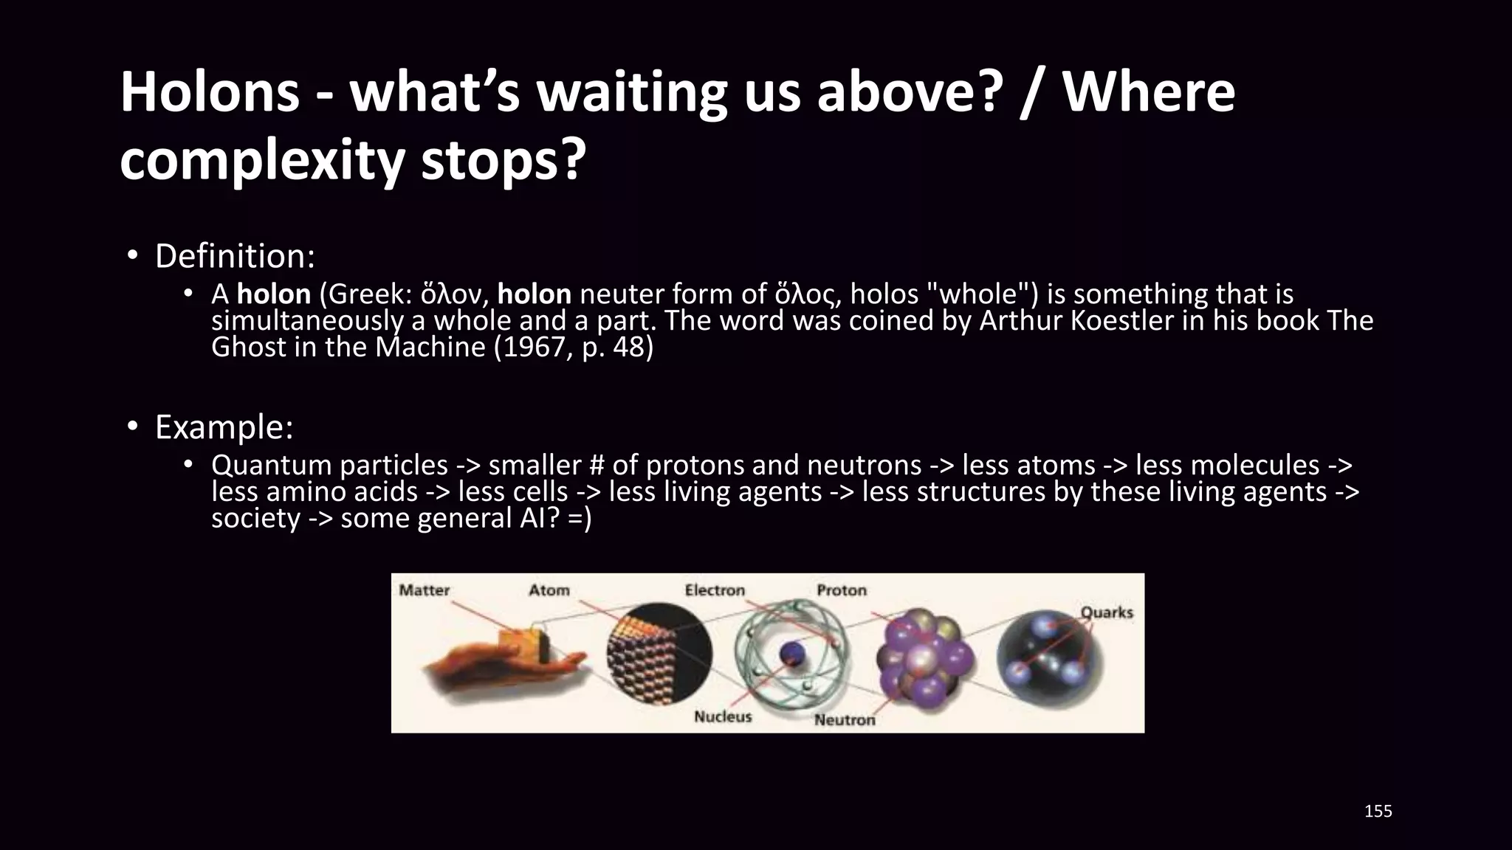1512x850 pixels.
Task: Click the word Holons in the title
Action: tap(210, 93)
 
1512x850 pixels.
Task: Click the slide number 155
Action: tap(1378, 812)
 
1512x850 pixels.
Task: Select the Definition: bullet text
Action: tap(235, 256)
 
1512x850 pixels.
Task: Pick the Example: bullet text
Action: tap(224, 427)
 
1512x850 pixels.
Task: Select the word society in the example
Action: tap(255, 519)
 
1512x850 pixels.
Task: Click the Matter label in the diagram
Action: tap(424, 590)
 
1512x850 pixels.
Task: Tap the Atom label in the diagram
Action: tap(549, 590)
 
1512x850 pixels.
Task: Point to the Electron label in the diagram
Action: tap(714, 590)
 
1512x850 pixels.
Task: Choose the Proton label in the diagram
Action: tap(841, 590)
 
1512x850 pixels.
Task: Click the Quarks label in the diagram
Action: tap(1106, 612)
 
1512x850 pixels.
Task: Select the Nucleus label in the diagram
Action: tap(722, 716)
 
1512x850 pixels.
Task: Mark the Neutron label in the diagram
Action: tap(845, 719)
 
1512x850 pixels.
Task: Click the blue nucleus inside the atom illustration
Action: tap(792, 652)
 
